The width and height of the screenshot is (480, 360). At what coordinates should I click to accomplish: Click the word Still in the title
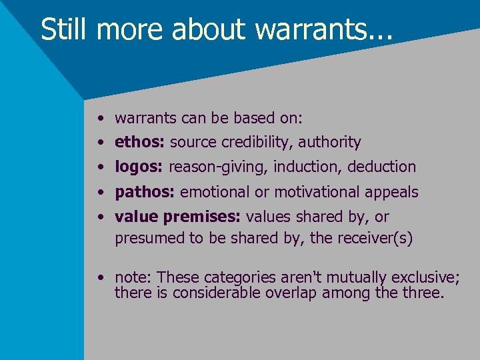pyautogui.click(x=65, y=30)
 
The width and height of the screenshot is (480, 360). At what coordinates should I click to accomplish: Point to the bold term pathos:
pyautogui.click(x=145, y=193)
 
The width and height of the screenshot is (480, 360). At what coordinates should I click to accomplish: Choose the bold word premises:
pyautogui.click(x=211, y=217)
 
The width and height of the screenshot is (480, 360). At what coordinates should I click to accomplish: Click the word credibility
pyautogui.click(x=257, y=142)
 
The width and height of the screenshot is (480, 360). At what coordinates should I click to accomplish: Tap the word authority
pyautogui.click(x=329, y=142)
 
